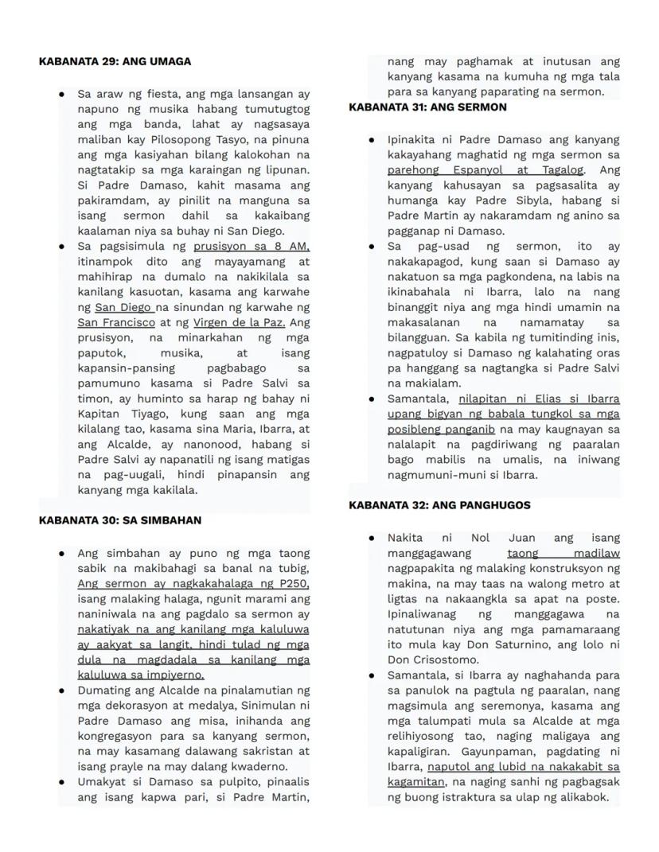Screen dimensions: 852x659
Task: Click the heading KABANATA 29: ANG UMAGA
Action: pos(115,61)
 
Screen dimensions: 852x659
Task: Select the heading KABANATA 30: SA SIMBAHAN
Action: pos(119,520)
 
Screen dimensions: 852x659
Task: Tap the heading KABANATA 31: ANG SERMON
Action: pos(427,107)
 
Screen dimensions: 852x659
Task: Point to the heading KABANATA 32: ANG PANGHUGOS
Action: pos(439,505)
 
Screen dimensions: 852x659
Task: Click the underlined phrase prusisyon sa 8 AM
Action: pos(251,247)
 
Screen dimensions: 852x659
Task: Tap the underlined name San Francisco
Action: pos(116,323)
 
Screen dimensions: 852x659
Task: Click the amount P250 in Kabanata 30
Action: pos(290,584)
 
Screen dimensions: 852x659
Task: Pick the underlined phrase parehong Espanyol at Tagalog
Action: pos(485,170)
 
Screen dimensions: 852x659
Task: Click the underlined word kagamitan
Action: pos(415,783)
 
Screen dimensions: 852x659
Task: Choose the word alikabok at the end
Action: pos(579,798)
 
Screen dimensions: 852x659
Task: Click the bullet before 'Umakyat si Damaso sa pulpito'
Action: pos(62,783)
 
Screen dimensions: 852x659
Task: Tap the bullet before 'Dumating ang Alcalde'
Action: pos(62,691)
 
